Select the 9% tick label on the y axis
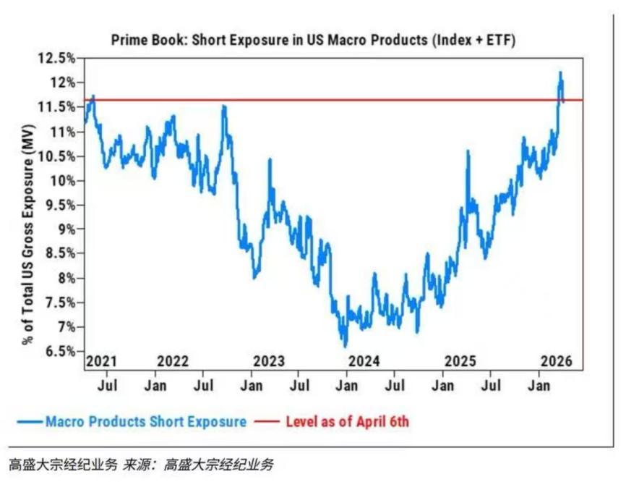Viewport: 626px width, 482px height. (x=64, y=229)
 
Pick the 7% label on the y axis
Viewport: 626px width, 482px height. (x=64, y=327)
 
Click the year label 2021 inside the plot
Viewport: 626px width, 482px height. (x=102, y=361)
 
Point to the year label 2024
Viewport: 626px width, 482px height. (x=364, y=361)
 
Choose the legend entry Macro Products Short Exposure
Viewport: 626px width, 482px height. (x=145, y=420)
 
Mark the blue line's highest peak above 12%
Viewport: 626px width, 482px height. (x=559, y=72)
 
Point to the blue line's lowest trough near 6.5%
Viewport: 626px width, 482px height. (x=345, y=346)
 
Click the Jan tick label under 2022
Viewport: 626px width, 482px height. (x=156, y=385)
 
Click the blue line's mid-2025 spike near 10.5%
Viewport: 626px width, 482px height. (x=468, y=152)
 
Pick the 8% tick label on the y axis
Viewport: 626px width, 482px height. (x=64, y=278)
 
